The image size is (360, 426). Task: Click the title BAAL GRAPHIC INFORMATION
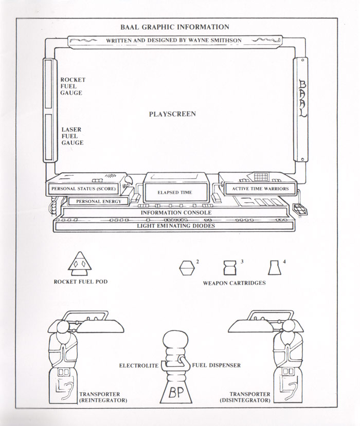[x=175, y=27]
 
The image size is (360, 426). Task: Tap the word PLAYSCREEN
[x=172, y=114]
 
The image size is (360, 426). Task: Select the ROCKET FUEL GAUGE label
[x=73, y=86]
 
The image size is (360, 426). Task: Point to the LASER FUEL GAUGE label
[x=72, y=136]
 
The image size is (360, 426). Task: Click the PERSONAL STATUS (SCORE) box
[x=83, y=189]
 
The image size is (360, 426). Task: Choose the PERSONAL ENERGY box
[x=98, y=201]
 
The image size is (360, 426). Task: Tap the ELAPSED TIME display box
[x=175, y=192]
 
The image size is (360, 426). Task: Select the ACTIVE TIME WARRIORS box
[x=260, y=189]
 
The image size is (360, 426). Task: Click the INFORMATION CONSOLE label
[x=176, y=212]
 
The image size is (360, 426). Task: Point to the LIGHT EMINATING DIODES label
[x=176, y=226]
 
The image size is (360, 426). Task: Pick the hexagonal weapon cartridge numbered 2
[x=187, y=268]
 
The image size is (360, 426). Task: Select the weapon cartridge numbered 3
[x=230, y=268]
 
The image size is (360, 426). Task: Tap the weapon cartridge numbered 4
[x=274, y=268]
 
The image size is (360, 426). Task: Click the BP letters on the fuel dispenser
[x=176, y=392]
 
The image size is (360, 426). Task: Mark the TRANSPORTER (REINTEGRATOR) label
[x=103, y=397]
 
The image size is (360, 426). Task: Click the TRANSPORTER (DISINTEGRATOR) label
[x=245, y=397]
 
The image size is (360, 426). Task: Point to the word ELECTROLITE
[x=139, y=366]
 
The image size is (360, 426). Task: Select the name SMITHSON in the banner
[x=226, y=41]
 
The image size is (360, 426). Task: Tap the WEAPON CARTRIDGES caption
[x=234, y=283]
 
